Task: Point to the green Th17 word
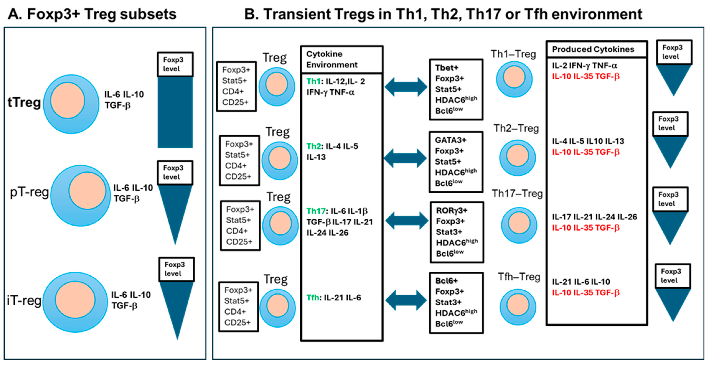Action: pyautogui.click(x=316, y=211)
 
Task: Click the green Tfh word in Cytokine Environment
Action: pyautogui.click(x=313, y=297)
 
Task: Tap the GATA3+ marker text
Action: pyautogui.click(x=450, y=140)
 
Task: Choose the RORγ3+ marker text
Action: pyautogui.click(x=451, y=211)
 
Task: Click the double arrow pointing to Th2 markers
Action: pyautogui.click(x=405, y=158)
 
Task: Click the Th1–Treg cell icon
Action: pyautogui.click(x=514, y=79)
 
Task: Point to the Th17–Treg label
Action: pyautogui.click(x=517, y=194)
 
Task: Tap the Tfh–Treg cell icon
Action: pyautogui.click(x=518, y=306)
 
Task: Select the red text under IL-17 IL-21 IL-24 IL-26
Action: pyautogui.click(x=585, y=228)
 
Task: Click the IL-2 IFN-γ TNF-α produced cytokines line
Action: pyautogui.click(x=584, y=66)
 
